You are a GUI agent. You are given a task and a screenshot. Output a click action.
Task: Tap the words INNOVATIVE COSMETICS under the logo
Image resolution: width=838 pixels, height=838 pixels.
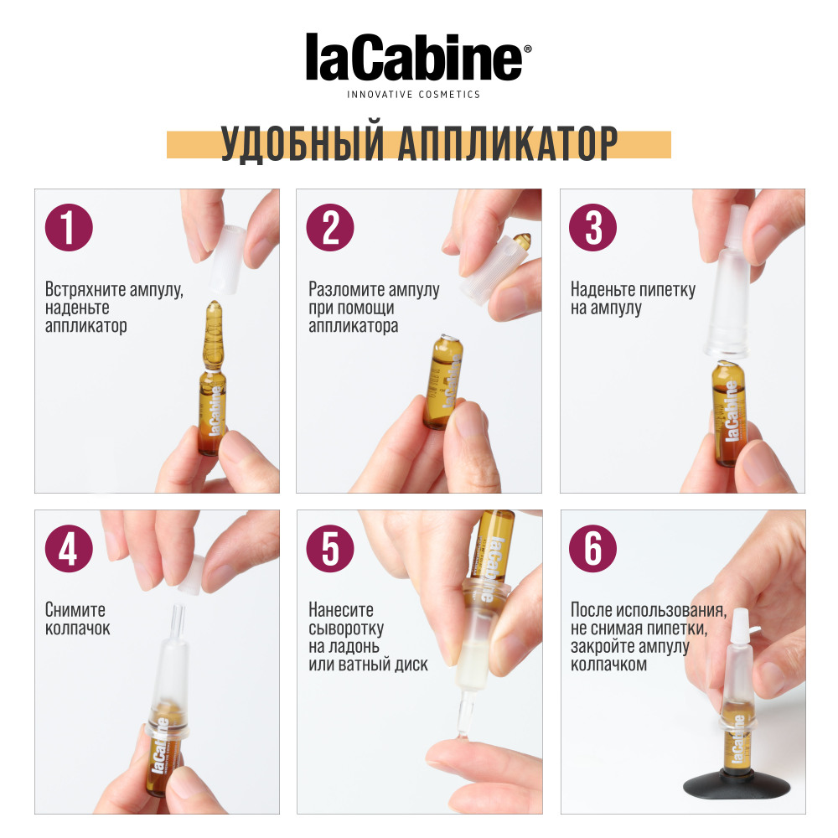click(x=413, y=95)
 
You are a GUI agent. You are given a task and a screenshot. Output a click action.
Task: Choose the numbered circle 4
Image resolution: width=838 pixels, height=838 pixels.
click(x=69, y=548)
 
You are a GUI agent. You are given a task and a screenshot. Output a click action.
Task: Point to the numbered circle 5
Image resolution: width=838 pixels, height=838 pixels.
click(x=331, y=548)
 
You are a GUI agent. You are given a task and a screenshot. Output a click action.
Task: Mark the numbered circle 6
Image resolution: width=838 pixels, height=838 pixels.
click(x=593, y=548)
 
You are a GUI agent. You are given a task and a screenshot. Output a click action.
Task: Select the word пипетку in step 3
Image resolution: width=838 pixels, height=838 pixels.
click(x=668, y=290)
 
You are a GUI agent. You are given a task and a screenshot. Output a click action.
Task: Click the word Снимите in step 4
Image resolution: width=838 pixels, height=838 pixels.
click(x=75, y=611)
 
